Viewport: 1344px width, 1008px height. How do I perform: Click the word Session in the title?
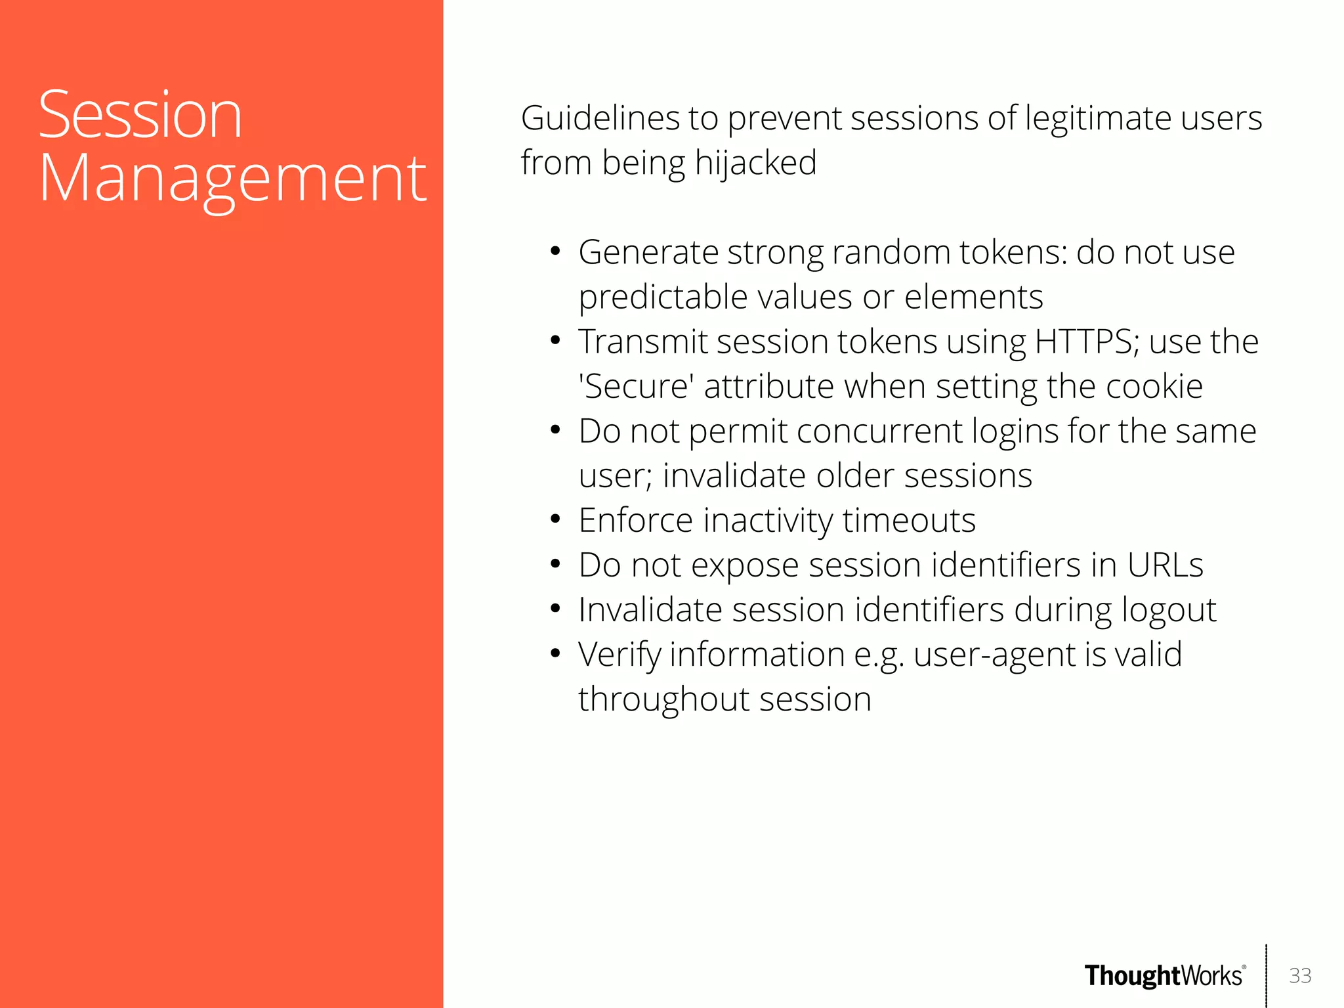click(140, 116)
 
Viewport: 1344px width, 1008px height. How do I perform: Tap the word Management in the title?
click(233, 179)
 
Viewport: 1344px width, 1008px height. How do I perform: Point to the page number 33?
click(1300, 976)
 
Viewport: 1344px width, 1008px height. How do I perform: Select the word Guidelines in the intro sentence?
click(600, 119)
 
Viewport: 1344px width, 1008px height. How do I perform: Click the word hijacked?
click(755, 163)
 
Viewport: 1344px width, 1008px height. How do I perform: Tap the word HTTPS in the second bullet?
click(1083, 342)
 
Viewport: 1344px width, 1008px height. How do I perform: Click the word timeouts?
click(909, 521)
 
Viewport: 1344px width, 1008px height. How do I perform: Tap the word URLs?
click(1165, 565)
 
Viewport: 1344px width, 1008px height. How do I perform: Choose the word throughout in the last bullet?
click(663, 699)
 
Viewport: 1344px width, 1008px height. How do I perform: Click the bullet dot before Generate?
click(555, 252)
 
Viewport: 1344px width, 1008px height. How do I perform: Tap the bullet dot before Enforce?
click(555, 520)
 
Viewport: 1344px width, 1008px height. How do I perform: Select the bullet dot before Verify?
click(555, 654)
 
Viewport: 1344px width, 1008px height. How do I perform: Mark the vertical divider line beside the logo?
click(1266, 976)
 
